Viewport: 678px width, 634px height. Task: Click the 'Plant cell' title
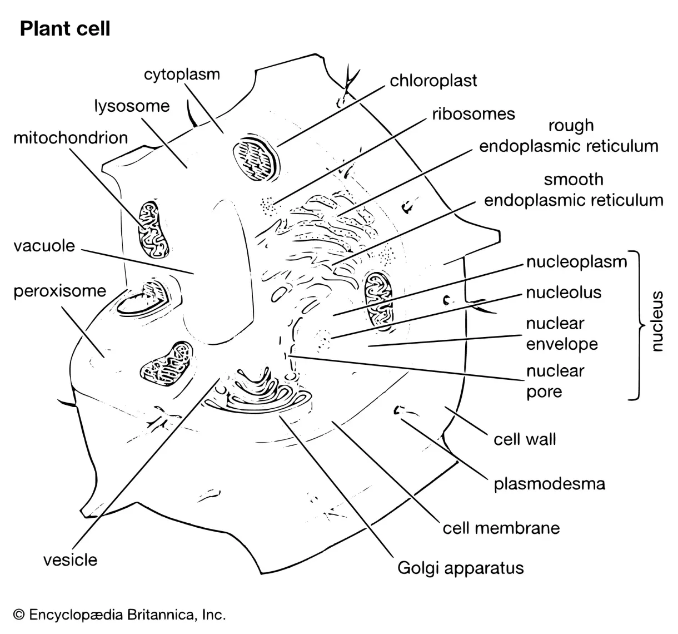[65, 29]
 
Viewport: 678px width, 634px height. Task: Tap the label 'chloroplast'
[433, 81]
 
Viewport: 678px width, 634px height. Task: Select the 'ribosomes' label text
[473, 114]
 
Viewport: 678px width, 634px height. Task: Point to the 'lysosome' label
[131, 106]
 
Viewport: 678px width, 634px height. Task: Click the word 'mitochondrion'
[71, 137]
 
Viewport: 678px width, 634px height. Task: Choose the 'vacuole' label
[44, 245]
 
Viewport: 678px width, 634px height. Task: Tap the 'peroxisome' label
[59, 291]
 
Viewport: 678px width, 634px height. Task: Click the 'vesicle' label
[70, 559]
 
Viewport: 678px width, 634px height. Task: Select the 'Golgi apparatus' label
[461, 568]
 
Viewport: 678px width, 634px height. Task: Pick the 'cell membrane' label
[501, 527]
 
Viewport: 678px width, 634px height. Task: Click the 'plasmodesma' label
[549, 483]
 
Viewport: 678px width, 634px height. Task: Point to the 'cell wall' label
[525, 439]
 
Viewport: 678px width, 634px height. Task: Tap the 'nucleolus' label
[564, 292]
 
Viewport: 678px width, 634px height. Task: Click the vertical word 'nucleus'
[657, 321]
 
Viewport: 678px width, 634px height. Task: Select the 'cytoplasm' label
[182, 74]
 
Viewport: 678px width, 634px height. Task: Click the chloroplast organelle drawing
[256, 160]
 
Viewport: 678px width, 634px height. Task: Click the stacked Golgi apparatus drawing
[258, 389]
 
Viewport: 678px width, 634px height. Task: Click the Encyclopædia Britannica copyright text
[119, 615]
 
